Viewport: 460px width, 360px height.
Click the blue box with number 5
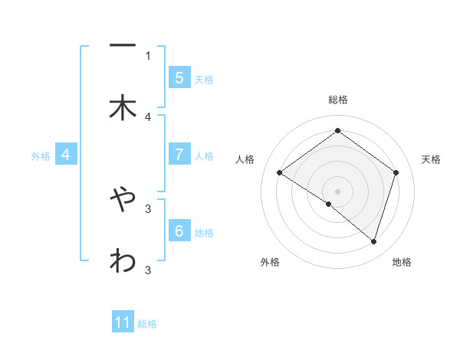click(179, 77)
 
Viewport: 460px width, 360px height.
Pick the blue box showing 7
click(179, 154)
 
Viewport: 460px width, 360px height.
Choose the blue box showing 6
click(179, 230)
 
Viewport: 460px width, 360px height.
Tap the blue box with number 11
click(123, 322)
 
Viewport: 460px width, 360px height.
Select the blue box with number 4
click(66, 154)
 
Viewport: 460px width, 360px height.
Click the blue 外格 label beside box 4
click(41, 155)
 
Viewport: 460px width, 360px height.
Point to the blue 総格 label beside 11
click(147, 324)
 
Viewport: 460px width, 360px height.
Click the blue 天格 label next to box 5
click(204, 79)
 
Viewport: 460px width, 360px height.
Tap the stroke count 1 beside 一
click(148, 55)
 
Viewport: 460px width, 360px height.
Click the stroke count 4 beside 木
click(148, 116)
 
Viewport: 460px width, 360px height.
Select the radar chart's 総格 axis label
click(337, 100)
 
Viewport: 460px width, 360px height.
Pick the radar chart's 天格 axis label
click(431, 159)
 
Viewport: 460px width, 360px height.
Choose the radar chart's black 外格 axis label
click(270, 263)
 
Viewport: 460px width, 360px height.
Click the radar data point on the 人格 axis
click(280, 173)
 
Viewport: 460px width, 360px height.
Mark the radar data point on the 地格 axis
click(373, 242)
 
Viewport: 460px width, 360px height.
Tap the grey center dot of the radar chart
click(337, 191)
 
